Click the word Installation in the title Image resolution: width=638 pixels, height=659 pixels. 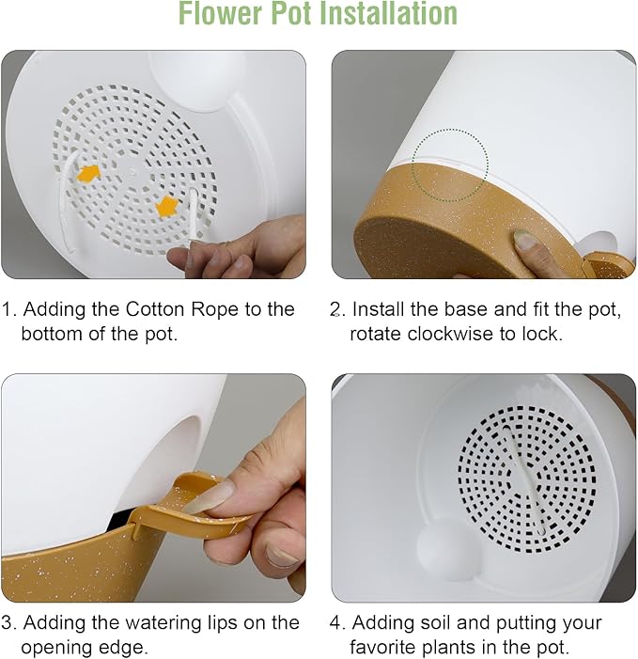(x=388, y=13)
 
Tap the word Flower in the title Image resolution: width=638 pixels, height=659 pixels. (x=220, y=13)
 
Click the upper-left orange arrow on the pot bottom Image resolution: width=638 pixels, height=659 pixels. (x=88, y=173)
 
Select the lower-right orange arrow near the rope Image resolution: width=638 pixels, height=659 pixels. (x=166, y=207)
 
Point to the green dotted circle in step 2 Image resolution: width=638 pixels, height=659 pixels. (x=450, y=165)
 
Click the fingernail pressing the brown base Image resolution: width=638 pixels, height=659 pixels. (x=524, y=239)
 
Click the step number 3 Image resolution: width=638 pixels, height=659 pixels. (x=8, y=623)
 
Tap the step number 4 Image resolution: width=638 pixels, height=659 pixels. (x=336, y=623)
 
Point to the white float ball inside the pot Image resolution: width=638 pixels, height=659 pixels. (x=444, y=549)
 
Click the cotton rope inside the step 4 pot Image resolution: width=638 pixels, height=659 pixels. (x=523, y=479)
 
